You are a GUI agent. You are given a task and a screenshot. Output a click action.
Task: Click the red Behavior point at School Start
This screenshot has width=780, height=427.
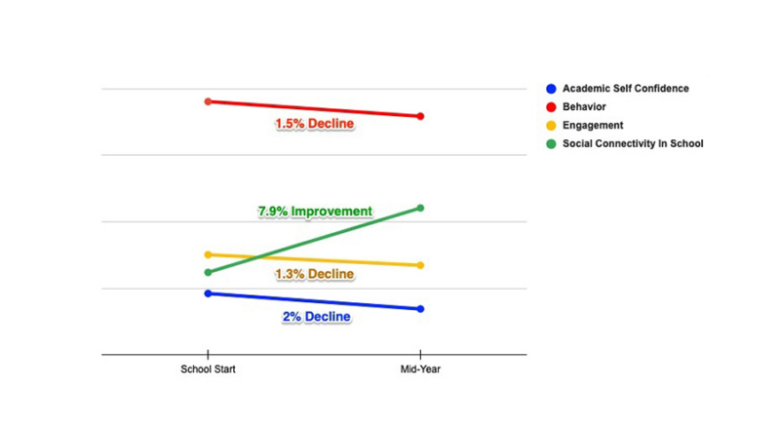coord(208,101)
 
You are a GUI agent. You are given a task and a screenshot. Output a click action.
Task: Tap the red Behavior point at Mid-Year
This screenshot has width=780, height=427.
coord(420,116)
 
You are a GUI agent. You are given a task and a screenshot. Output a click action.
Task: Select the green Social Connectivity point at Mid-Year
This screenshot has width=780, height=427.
coord(420,208)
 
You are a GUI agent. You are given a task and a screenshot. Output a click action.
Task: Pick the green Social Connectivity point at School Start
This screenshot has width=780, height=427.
coord(208,272)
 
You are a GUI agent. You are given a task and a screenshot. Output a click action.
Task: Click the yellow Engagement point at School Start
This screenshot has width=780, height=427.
coord(208,254)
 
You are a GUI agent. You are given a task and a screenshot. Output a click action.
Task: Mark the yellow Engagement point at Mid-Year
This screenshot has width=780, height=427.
coord(420,265)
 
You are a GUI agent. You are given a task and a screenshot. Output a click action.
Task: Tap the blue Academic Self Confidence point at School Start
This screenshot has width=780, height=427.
coord(208,293)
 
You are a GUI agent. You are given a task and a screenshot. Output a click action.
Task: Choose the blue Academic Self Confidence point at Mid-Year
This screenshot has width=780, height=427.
coord(420,309)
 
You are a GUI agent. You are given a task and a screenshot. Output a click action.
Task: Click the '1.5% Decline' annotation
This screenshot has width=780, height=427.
coord(314,124)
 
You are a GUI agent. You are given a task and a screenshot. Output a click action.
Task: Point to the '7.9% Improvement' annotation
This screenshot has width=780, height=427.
coord(314,211)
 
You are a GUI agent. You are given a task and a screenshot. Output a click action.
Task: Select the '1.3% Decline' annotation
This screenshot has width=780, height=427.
coord(314,274)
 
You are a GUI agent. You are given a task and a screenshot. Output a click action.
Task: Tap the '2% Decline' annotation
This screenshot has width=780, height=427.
coord(316,317)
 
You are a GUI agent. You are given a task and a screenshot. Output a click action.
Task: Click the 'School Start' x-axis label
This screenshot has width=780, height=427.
coord(208,369)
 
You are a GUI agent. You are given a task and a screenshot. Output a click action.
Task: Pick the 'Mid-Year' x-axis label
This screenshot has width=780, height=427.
coord(420,369)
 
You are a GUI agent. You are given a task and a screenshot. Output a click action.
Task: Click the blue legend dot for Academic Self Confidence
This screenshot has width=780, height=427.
coord(552,89)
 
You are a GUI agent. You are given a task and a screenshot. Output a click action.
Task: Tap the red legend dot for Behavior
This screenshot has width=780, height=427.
coord(552,107)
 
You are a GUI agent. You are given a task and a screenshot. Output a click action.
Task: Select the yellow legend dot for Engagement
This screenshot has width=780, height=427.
coord(552,126)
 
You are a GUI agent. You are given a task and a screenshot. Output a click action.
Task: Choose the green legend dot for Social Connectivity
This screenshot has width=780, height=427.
coord(552,144)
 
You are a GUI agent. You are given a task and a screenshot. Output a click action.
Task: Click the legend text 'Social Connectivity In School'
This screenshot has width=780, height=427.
coord(632,144)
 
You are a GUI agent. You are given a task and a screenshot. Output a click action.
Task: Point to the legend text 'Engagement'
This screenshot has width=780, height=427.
coord(593,126)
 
